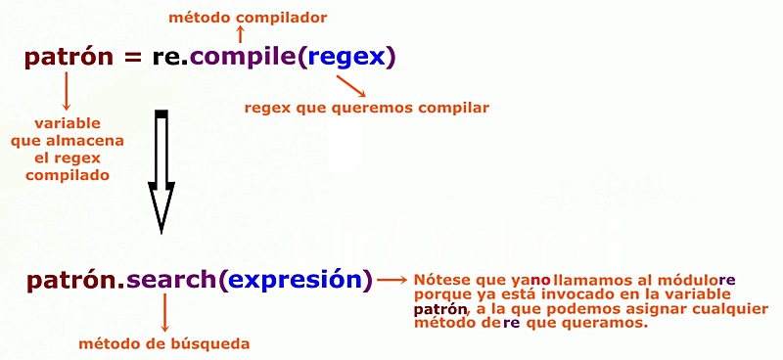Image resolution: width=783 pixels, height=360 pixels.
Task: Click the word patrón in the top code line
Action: [x=69, y=58]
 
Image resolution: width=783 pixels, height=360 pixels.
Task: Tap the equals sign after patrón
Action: [x=132, y=58]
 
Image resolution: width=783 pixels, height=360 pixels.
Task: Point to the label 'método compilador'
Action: [x=248, y=17]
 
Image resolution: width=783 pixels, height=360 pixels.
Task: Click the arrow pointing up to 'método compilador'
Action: [x=241, y=34]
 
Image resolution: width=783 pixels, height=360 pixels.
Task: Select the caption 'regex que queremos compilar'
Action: [x=367, y=107]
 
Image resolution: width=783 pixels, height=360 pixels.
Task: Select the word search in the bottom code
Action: [x=172, y=281]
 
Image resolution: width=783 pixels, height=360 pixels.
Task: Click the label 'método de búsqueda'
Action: [x=163, y=343]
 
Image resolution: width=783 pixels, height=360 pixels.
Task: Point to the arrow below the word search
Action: [x=163, y=312]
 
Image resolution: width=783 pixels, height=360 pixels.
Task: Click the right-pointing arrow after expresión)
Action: [x=392, y=281]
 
